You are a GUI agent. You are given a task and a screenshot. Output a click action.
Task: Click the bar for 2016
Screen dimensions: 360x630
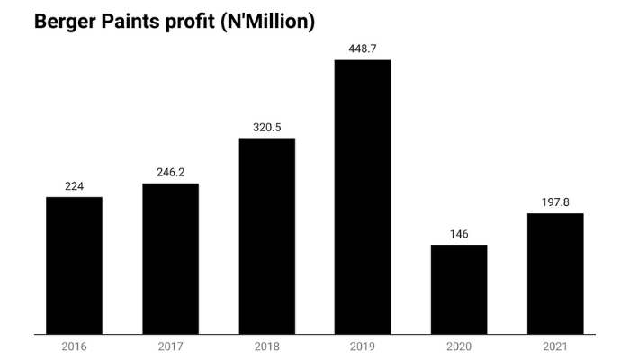74,265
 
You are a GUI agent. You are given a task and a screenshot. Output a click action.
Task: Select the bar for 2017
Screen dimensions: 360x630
170,258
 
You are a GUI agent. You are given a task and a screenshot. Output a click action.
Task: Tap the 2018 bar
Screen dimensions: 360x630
267,236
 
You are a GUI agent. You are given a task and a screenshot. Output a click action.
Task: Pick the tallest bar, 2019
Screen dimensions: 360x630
363,197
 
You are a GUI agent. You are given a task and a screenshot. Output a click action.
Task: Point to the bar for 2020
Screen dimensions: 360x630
459,289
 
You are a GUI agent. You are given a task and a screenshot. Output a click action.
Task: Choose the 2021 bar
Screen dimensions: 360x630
555,274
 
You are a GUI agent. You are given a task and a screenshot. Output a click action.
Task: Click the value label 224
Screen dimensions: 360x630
74,186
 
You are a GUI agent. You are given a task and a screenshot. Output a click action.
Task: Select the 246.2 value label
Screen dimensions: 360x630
170,173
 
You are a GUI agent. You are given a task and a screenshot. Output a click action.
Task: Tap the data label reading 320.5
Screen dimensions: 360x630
267,127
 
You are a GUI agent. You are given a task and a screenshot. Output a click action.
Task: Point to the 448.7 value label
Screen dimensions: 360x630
363,49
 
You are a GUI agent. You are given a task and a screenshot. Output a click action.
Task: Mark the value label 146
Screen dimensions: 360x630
459,234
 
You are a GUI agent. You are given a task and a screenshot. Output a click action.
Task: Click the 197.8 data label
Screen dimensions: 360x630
555,202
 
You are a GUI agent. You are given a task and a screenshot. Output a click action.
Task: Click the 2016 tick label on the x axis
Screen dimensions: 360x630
74,346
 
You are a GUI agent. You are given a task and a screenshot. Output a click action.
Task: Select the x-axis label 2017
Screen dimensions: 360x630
170,346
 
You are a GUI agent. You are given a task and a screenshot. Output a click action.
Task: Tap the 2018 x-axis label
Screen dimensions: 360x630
267,346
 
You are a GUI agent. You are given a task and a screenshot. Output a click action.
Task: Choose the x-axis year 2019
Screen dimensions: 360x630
363,346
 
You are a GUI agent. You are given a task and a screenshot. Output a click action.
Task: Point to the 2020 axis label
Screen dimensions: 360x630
459,346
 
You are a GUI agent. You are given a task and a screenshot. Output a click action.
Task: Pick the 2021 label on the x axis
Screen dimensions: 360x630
555,346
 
